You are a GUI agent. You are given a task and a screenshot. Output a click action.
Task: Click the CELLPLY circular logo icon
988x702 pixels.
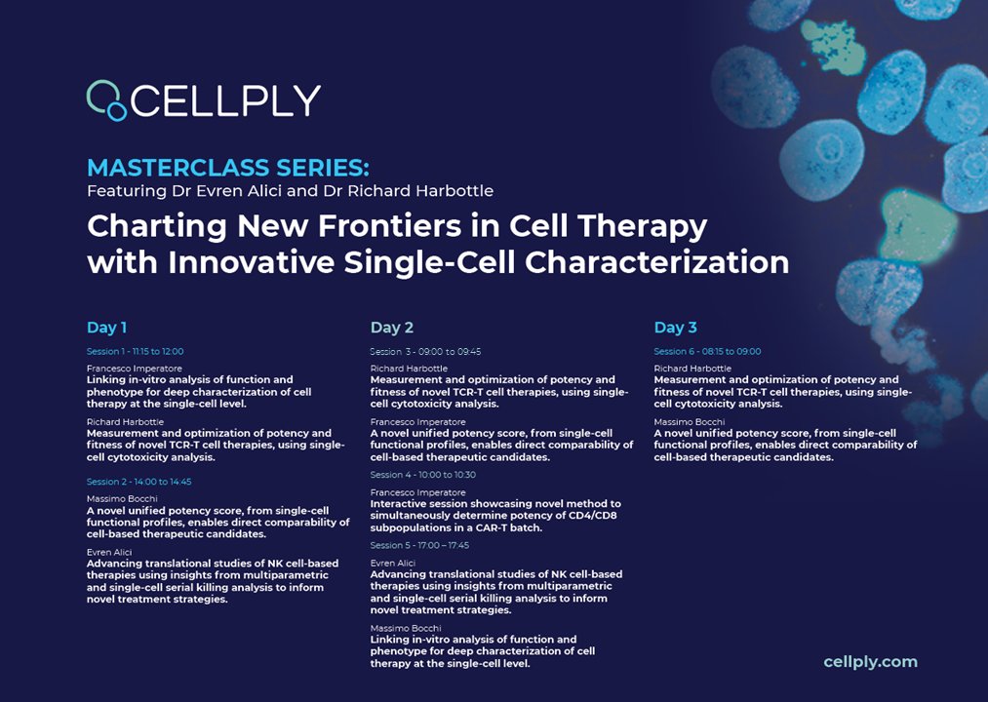tap(106, 99)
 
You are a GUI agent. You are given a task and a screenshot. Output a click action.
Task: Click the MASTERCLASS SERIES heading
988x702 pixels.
tap(228, 167)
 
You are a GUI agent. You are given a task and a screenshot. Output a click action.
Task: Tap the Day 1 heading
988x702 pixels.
tap(106, 328)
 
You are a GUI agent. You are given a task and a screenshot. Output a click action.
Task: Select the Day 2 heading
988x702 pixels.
tap(392, 328)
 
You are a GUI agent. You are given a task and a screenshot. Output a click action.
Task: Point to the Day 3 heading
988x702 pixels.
tap(675, 328)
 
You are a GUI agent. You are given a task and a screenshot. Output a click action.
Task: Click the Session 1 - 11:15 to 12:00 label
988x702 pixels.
tap(135, 351)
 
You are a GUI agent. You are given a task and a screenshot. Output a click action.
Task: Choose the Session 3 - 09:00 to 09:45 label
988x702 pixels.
tap(425, 351)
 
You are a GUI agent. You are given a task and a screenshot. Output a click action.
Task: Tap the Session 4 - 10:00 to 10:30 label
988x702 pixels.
tap(422, 475)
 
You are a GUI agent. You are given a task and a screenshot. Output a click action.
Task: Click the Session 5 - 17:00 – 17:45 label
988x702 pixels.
tap(419, 545)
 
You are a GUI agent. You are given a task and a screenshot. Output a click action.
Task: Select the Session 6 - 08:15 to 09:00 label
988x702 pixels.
tap(707, 351)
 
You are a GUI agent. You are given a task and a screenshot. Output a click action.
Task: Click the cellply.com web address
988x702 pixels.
tap(870, 662)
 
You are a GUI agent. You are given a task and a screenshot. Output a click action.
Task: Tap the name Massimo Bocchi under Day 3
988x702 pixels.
tap(689, 421)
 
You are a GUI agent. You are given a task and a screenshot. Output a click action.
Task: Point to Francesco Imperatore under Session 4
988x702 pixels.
tap(417, 492)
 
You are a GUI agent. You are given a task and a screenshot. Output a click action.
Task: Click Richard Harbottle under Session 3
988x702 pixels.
tap(409, 369)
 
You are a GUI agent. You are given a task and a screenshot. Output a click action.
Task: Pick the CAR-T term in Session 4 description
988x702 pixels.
tap(490, 527)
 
